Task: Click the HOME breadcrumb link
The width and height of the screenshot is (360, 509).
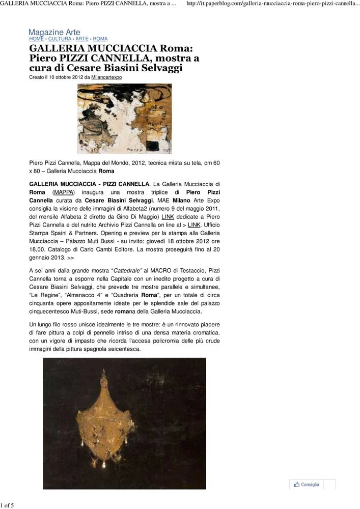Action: click(x=36, y=39)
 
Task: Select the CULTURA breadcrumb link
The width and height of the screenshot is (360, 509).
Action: click(x=60, y=39)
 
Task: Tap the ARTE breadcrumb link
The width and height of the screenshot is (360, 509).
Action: click(x=82, y=39)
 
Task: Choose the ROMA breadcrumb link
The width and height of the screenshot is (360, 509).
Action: click(x=100, y=39)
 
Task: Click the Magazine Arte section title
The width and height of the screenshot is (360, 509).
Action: click(x=54, y=33)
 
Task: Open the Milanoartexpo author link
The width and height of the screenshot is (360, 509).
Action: click(x=106, y=77)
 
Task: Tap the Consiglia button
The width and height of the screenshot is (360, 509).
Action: click(x=310, y=485)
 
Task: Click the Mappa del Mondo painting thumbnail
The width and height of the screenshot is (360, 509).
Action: click(x=124, y=118)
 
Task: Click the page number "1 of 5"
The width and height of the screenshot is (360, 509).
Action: click(x=8, y=505)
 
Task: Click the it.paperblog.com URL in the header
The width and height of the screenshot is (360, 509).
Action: click(x=273, y=4)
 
